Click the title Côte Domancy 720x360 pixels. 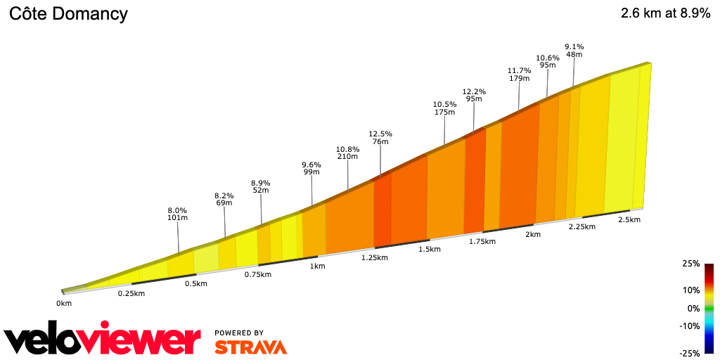click(x=68, y=13)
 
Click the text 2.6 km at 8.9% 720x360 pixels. click(x=665, y=13)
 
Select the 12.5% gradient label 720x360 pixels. click(x=380, y=134)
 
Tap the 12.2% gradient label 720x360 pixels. click(x=474, y=91)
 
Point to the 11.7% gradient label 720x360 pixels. click(x=519, y=70)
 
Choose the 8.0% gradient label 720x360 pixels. click(x=177, y=210)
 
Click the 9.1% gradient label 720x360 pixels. click(x=574, y=47)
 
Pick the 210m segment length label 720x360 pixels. click(x=348, y=157)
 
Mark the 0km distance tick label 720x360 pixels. click(x=64, y=303)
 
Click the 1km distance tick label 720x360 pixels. click(x=318, y=266)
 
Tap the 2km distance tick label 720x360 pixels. click(x=533, y=234)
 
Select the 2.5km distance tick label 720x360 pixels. click(x=629, y=219)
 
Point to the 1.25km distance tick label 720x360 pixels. click(x=375, y=257)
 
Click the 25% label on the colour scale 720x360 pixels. click(x=691, y=264)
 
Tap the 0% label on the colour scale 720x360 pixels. click(x=693, y=308)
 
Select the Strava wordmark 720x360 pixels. click(x=250, y=347)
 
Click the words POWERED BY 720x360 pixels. click(x=239, y=333)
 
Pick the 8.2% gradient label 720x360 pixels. click(x=224, y=196)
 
